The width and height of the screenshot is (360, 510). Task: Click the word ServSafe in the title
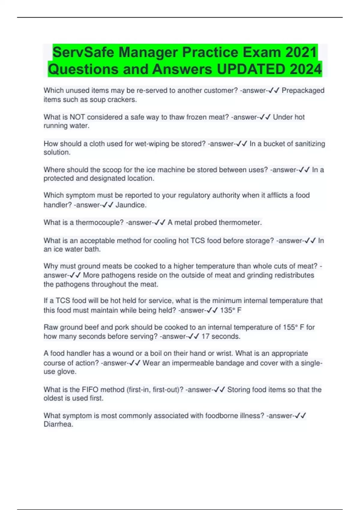[83, 52]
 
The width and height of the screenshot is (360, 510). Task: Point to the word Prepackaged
[303, 90]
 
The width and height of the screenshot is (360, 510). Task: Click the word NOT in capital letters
[77, 117]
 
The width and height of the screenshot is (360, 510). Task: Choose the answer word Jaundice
[131, 205]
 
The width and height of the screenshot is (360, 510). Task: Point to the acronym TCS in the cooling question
[198, 241]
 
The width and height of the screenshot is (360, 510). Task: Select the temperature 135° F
[231, 310]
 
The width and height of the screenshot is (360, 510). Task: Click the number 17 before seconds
[205, 336]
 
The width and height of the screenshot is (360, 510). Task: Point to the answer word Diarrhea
[58, 424]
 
